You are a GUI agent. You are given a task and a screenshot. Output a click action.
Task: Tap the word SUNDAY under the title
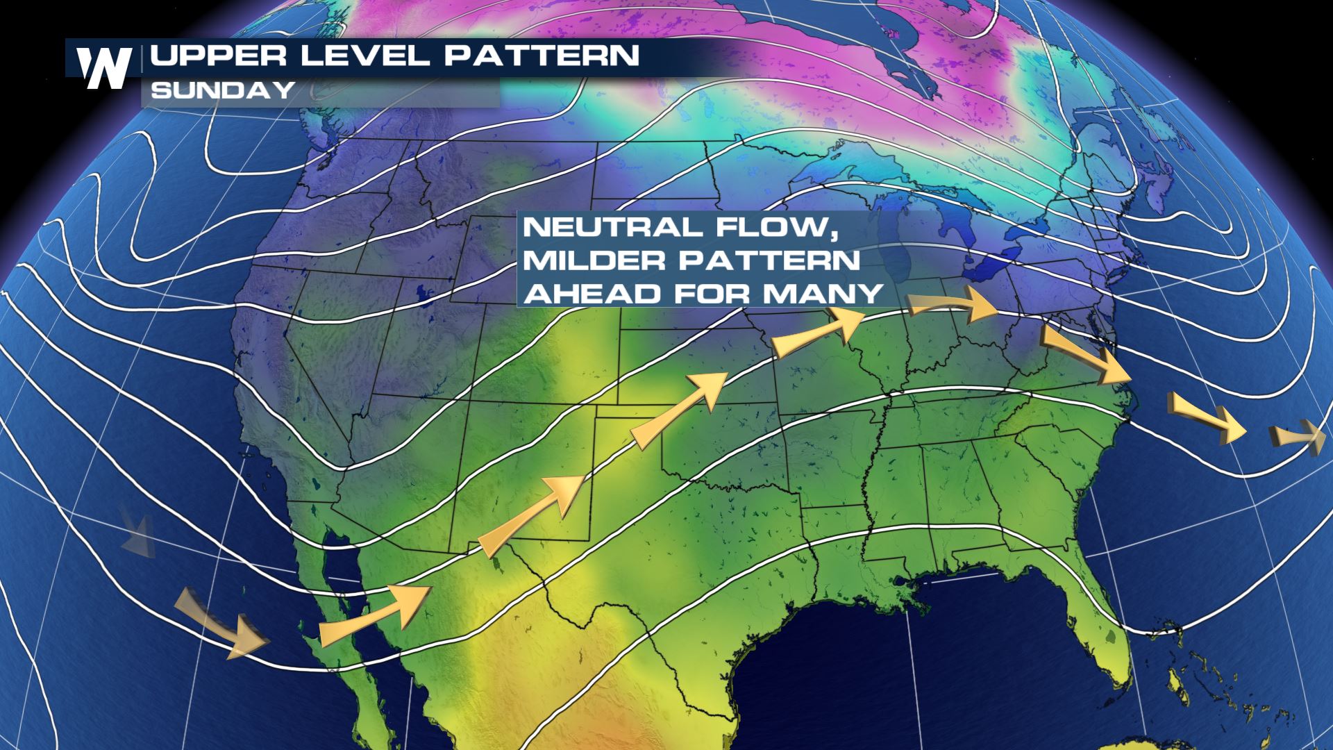pos(223,91)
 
